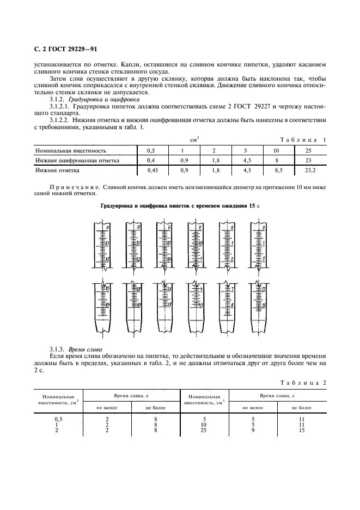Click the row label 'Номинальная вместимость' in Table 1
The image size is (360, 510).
click(x=71, y=150)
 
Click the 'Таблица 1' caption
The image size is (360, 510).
click(x=303, y=139)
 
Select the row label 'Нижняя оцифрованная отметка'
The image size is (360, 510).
click(x=77, y=160)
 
